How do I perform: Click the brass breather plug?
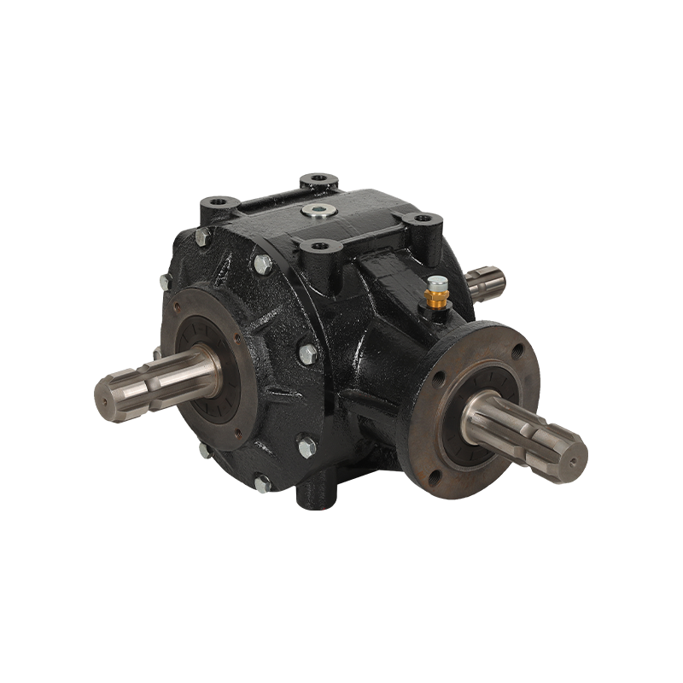tap(438, 293)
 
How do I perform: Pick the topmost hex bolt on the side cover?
tap(259, 266)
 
